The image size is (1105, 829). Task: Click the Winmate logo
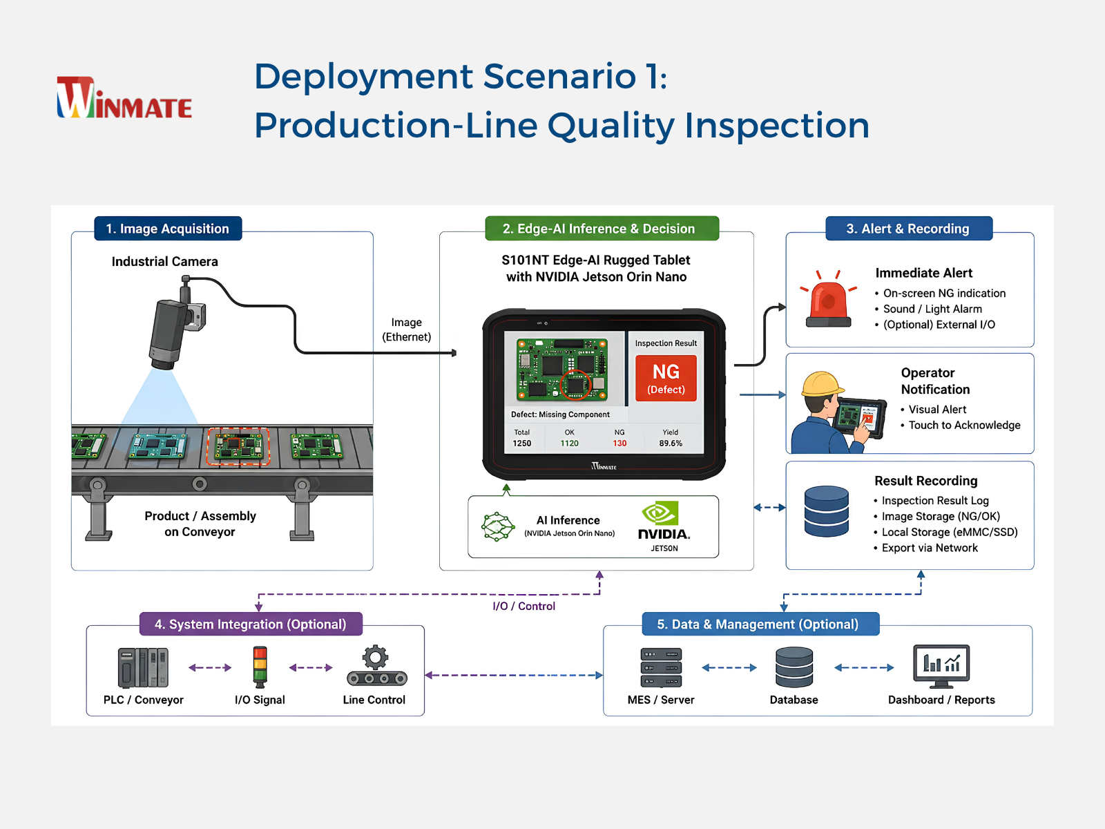pyautogui.click(x=124, y=97)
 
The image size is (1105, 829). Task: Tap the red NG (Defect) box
pyautogui.click(x=666, y=378)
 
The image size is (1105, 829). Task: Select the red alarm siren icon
pyautogui.click(x=828, y=299)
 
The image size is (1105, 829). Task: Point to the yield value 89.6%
pyautogui.click(x=671, y=443)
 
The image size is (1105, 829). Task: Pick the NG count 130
pyautogui.click(x=619, y=443)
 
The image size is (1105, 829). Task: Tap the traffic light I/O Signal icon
pyautogui.click(x=260, y=667)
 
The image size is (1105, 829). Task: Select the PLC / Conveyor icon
pyautogui.click(x=143, y=667)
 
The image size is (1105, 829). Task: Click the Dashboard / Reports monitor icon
pyautogui.click(x=941, y=667)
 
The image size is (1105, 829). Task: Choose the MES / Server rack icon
pyautogui.click(x=661, y=667)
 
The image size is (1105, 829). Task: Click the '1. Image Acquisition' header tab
pyautogui.click(x=168, y=229)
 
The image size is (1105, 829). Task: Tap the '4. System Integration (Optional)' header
pyautogui.click(x=251, y=624)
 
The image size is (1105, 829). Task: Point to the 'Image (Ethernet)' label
pyautogui.click(x=406, y=330)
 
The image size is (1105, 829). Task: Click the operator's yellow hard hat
pyautogui.click(x=823, y=384)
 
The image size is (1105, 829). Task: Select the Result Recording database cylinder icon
pyautogui.click(x=826, y=511)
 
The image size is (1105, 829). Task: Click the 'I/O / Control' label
pyautogui.click(x=523, y=606)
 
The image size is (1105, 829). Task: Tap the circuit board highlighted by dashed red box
pyautogui.click(x=239, y=446)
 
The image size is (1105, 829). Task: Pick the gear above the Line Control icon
pyautogui.click(x=376, y=658)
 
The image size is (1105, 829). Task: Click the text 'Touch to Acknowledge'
pyautogui.click(x=964, y=426)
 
